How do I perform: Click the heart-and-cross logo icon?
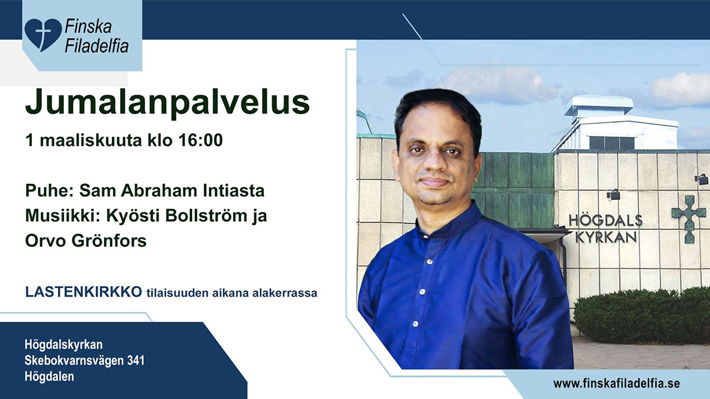(43, 35)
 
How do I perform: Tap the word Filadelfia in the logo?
(96, 46)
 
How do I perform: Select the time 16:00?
(201, 140)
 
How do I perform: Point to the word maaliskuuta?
(91, 140)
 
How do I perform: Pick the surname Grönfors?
(109, 241)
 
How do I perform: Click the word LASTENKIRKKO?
(83, 292)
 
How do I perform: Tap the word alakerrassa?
(285, 293)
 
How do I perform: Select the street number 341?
(135, 361)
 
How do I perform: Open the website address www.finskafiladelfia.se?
(617, 384)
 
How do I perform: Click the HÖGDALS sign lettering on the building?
(605, 220)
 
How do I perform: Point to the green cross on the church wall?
(689, 219)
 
